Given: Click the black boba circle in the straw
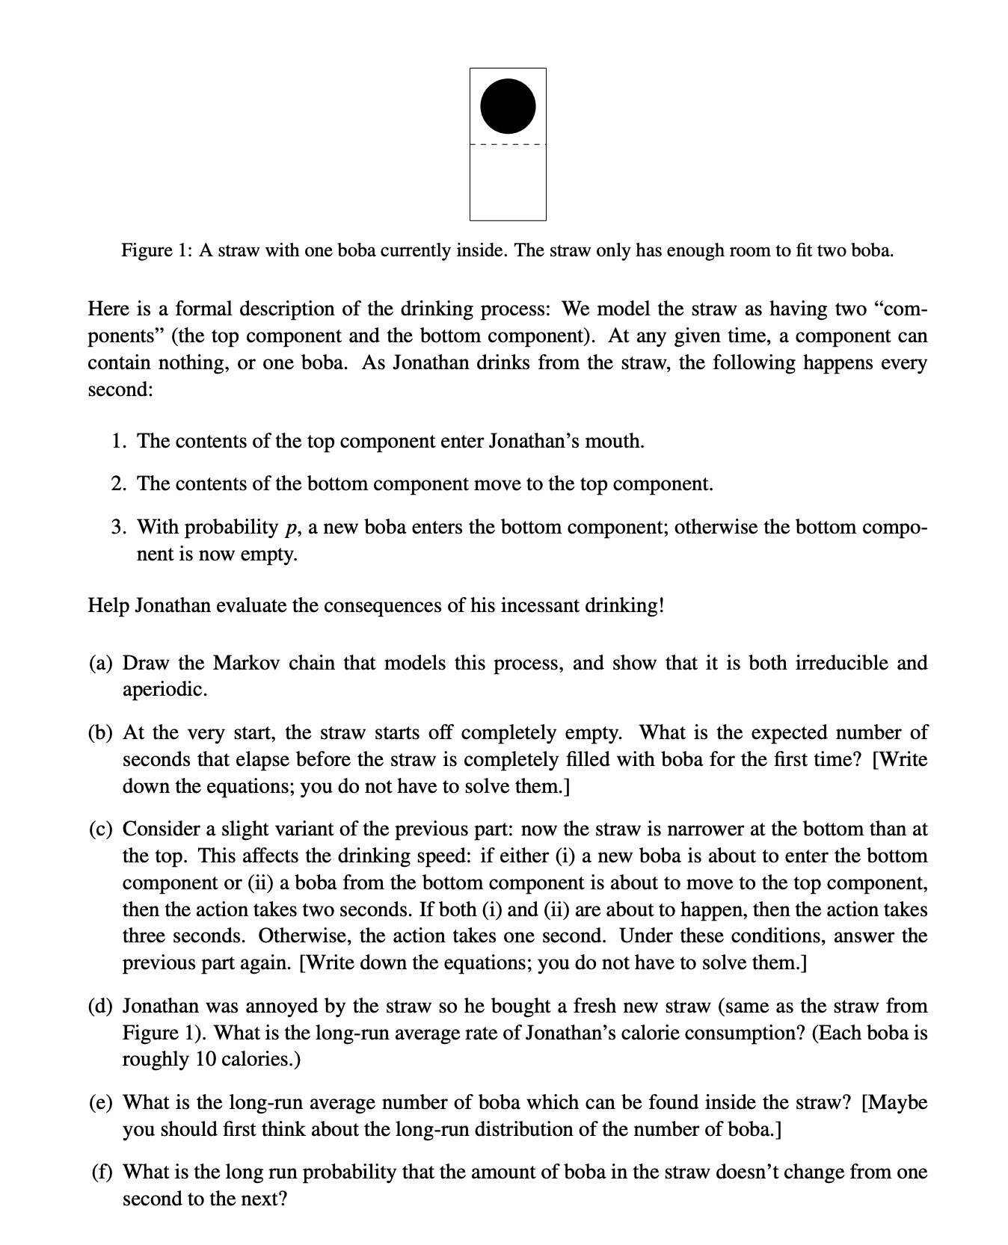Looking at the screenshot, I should tap(508, 106).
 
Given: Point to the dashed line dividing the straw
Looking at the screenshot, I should tap(508, 144).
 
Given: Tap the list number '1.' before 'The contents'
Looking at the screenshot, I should tap(119, 441).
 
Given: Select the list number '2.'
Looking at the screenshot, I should tap(119, 484).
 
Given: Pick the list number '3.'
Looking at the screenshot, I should tap(119, 527).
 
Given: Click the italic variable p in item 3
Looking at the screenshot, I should tap(289, 528).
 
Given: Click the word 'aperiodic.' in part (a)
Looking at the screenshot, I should tap(165, 690).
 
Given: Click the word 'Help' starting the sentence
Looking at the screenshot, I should tap(108, 605).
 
